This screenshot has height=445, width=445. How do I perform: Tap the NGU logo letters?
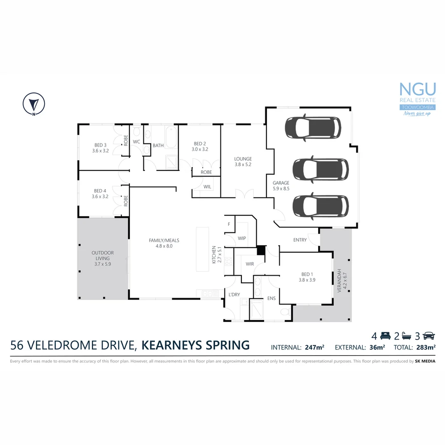(417, 90)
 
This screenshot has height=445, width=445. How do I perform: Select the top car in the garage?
(313, 127)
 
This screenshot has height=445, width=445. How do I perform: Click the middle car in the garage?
(321, 169)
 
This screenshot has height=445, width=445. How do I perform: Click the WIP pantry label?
(242, 238)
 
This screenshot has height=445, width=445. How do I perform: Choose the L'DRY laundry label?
(234, 294)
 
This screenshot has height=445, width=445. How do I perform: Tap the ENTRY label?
(300, 240)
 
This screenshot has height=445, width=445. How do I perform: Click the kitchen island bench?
(202, 249)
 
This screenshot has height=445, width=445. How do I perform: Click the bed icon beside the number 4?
(385, 335)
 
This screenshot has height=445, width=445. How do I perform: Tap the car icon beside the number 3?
(429, 335)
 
